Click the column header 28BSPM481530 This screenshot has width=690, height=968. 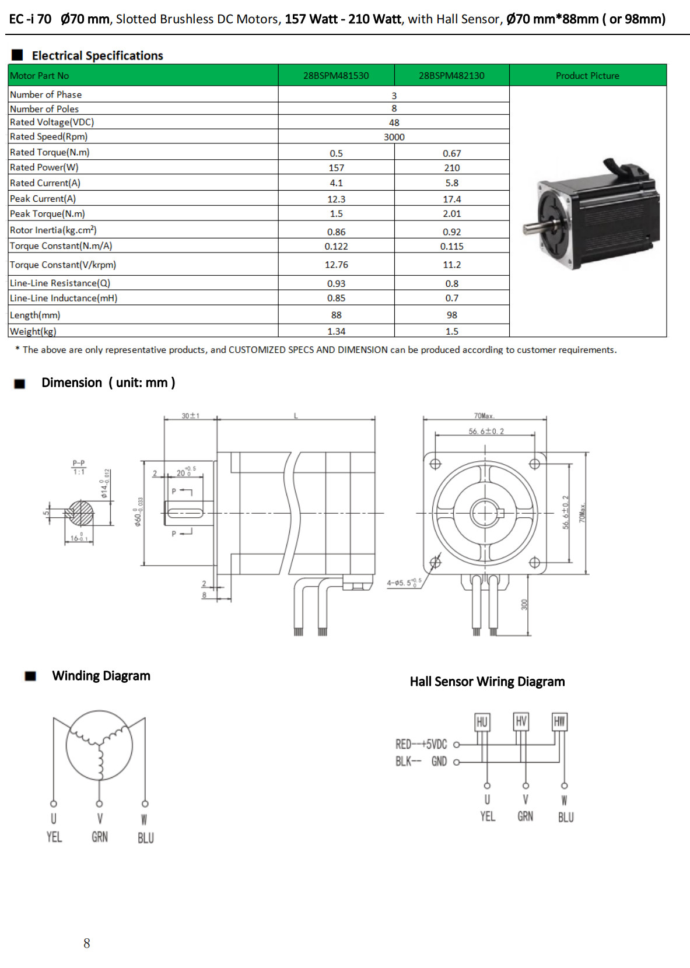(x=336, y=76)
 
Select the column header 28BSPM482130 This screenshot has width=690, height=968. (x=451, y=76)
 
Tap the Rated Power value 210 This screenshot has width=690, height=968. (x=451, y=168)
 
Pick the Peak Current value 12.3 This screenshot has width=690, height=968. (x=336, y=199)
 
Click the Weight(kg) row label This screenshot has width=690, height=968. (x=33, y=331)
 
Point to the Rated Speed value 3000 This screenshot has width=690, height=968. (x=394, y=137)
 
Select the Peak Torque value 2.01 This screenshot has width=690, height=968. (x=451, y=214)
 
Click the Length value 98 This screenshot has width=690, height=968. (x=451, y=315)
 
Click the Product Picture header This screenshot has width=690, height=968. (x=587, y=76)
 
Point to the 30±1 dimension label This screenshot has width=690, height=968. (x=190, y=416)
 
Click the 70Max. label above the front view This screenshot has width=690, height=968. (x=484, y=416)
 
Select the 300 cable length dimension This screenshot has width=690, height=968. (x=524, y=605)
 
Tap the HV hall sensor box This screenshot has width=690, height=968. (x=521, y=722)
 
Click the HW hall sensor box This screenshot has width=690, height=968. (x=559, y=722)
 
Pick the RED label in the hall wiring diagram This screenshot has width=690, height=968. (x=403, y=745)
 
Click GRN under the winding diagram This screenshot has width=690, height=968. (x=100, y=837)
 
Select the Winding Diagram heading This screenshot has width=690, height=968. (x=101, y=676)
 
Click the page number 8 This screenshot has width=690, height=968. (x=87, y=944)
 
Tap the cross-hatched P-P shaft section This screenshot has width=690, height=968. (x=80, y=514)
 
